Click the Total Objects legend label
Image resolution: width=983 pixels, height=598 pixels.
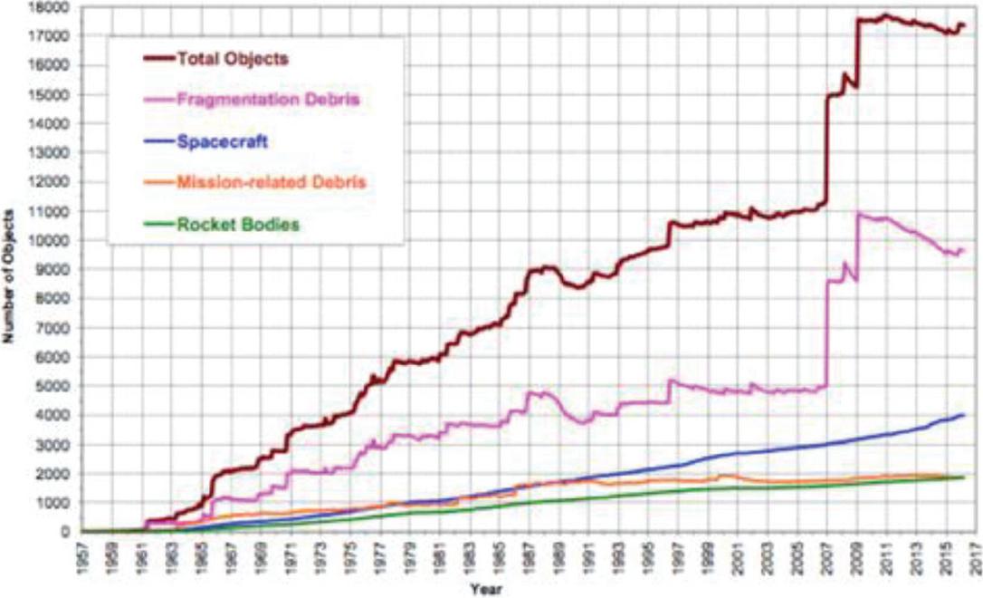(233, 60)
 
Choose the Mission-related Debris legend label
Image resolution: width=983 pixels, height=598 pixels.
(271, 182)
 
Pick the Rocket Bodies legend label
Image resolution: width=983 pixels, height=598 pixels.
(237, 223)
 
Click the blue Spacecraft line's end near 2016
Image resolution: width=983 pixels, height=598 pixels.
(962, 415)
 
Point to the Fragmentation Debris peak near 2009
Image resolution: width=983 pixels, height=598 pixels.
(857, 215)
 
